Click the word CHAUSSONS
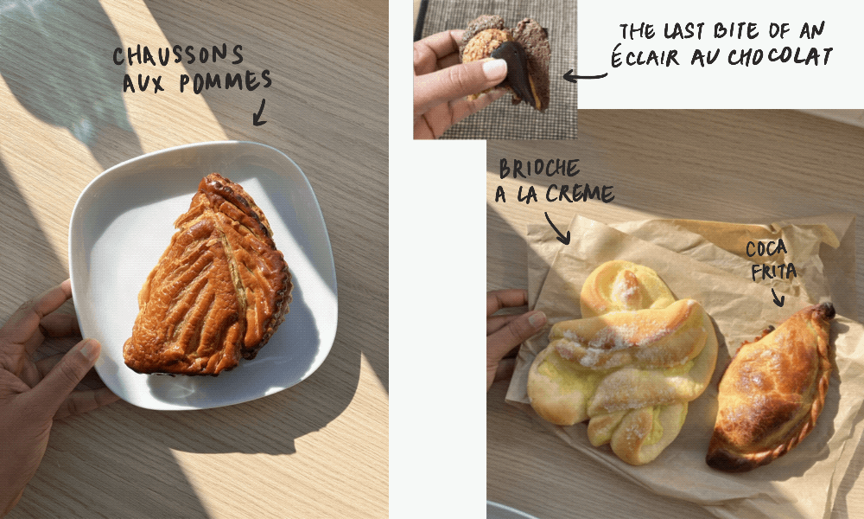click(x=178, y=55)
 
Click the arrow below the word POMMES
click(x=259, y=112)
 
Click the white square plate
click(x=203, y=275)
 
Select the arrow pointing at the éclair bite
click(x=585, y=76)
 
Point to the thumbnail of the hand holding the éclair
click(x=494, y=68)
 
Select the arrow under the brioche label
click(x=557, y=227)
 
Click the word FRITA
click(x=774, y=271)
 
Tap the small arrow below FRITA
click(x=778, y=297)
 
